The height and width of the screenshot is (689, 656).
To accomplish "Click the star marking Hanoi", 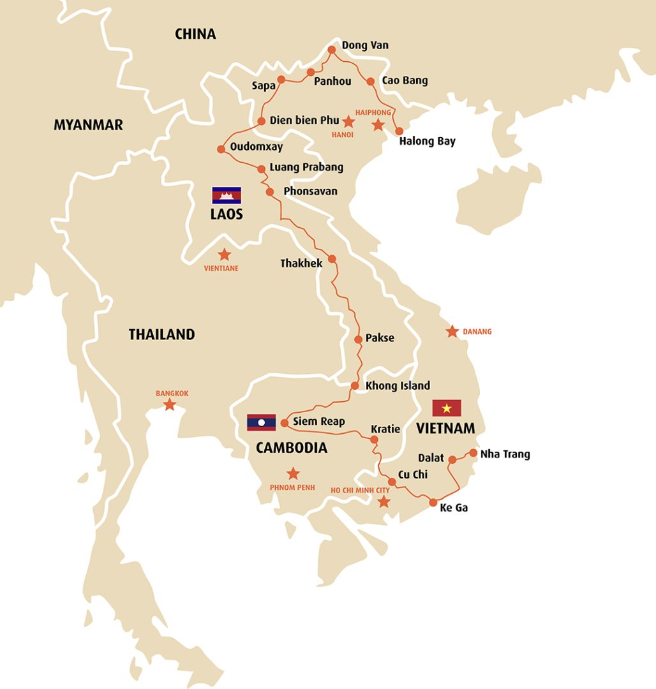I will (x=348, y=121).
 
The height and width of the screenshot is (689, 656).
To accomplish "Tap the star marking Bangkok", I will (x=170, y=405).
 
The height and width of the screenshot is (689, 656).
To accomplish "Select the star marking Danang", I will (x=452, y=332).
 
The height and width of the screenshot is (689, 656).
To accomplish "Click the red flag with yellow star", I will (x=447, y=408).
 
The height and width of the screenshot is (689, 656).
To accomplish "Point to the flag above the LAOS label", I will (x=227, y=195).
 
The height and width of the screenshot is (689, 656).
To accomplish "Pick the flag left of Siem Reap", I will (x=262, y=422).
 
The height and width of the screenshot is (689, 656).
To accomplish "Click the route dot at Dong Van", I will (x=331, y=50).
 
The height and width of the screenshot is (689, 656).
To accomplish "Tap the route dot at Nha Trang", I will (x=473, y=453).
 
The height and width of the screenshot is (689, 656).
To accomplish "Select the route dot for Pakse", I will (x=359, y=339).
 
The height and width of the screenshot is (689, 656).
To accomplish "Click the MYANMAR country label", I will (x=88, y=125).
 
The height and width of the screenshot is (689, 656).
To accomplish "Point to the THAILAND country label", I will (x=161, y=334).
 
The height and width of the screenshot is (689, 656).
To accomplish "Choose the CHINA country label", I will (x=195, y=34).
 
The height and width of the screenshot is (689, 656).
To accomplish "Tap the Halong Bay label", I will (x=427, y=141).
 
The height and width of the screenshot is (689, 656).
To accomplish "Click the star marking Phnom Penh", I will (x=293, y=473).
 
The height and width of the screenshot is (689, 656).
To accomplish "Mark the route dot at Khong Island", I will (x=355, y=386).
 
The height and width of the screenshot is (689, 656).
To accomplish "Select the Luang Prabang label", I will (x=306, y=167).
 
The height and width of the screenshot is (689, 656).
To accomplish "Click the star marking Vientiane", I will (x=224, y=255).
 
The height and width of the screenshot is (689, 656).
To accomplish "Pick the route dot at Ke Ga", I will (x=433, y=502).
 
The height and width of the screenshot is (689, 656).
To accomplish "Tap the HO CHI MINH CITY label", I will (x=360, y=490).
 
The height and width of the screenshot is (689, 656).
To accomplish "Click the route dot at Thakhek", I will (x=331, y=258).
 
